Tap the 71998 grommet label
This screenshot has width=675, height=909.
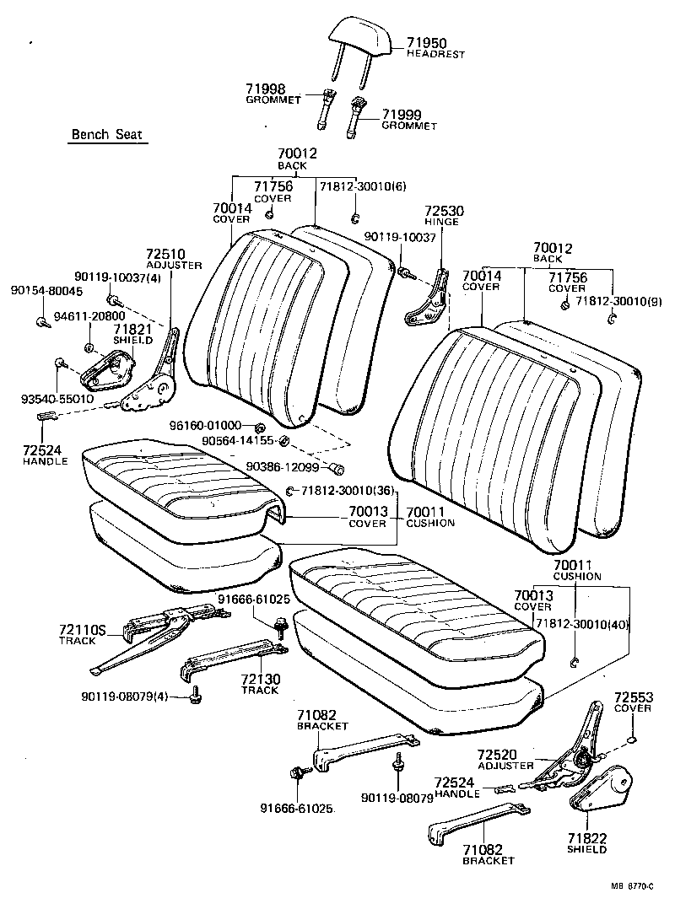pyautogui.click(x=266, y=89)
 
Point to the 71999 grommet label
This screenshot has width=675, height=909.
pyautogui.click(x=402, y=115)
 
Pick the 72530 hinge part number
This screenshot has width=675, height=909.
pyautogui.click(x=443, y=211)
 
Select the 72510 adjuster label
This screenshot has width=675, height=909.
pyautogui.click(x=165, y=253)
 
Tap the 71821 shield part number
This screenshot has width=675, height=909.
pyautogui.click(x=132, y=329)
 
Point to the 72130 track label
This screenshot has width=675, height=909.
pyautogui.click(x=260, y=679)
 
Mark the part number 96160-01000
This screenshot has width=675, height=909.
pyautogui.click(x=205, y=425)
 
